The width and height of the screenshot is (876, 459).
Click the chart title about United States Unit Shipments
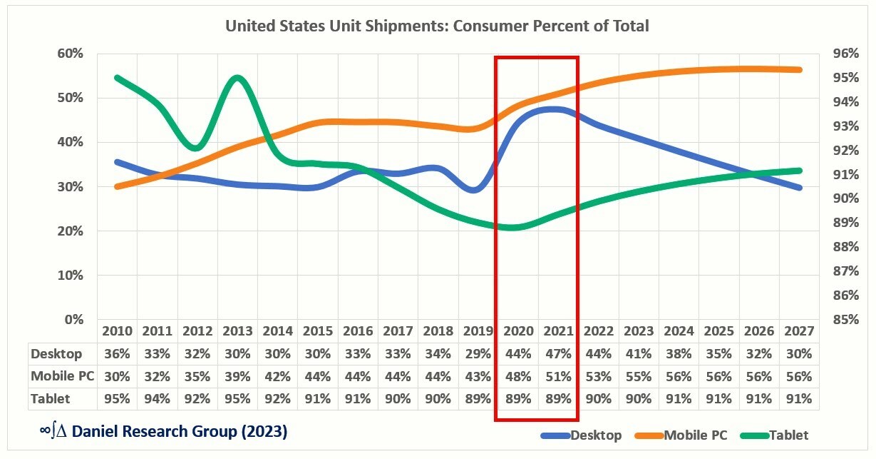pyautogui.click(x=437, y=26)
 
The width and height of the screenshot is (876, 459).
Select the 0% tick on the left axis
pyautogui.click(x=73, y=320)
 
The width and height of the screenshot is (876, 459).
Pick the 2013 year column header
pyautogui.click(x=237, y=332)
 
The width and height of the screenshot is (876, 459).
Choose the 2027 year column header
pyautogui.click(x=798, y=332)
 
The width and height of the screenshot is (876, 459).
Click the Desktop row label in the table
pyautogui.click(x=57, y=354)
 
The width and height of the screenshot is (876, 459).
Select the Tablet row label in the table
pyautogui.click(x=53, y=398)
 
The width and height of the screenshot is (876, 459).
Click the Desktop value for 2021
pyautogui.click(x=557, y=354)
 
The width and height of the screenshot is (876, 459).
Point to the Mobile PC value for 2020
pyautogui.click(x=517, y=376)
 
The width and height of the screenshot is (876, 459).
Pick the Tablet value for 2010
pyautogui.click(x=117, y=398)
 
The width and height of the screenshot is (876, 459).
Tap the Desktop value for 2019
pyautogui.click(x=478, y=354)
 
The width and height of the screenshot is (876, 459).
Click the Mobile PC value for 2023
pyautogui.click(x=638, y=376)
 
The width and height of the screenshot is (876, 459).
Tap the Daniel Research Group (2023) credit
pyautogui.click(x=163, y=432)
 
